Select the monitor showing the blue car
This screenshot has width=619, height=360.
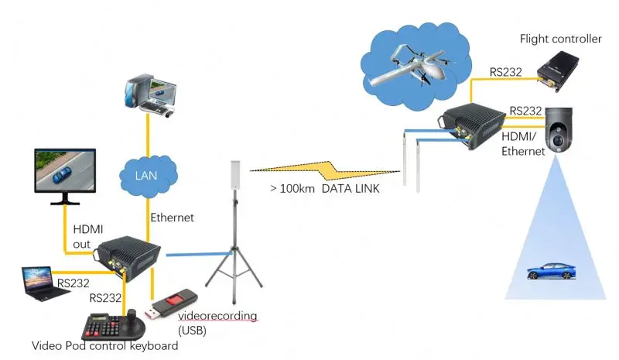point(65,174)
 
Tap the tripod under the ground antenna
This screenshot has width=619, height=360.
point(231,255)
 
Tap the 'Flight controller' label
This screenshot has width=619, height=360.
point(560,39)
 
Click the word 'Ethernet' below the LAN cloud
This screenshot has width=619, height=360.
point(172,218)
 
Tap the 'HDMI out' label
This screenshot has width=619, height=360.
point(83,236)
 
